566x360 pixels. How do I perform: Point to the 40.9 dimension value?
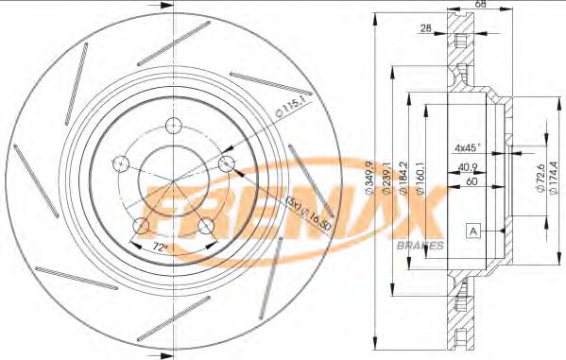466,168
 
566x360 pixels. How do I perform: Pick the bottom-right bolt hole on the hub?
203,225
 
